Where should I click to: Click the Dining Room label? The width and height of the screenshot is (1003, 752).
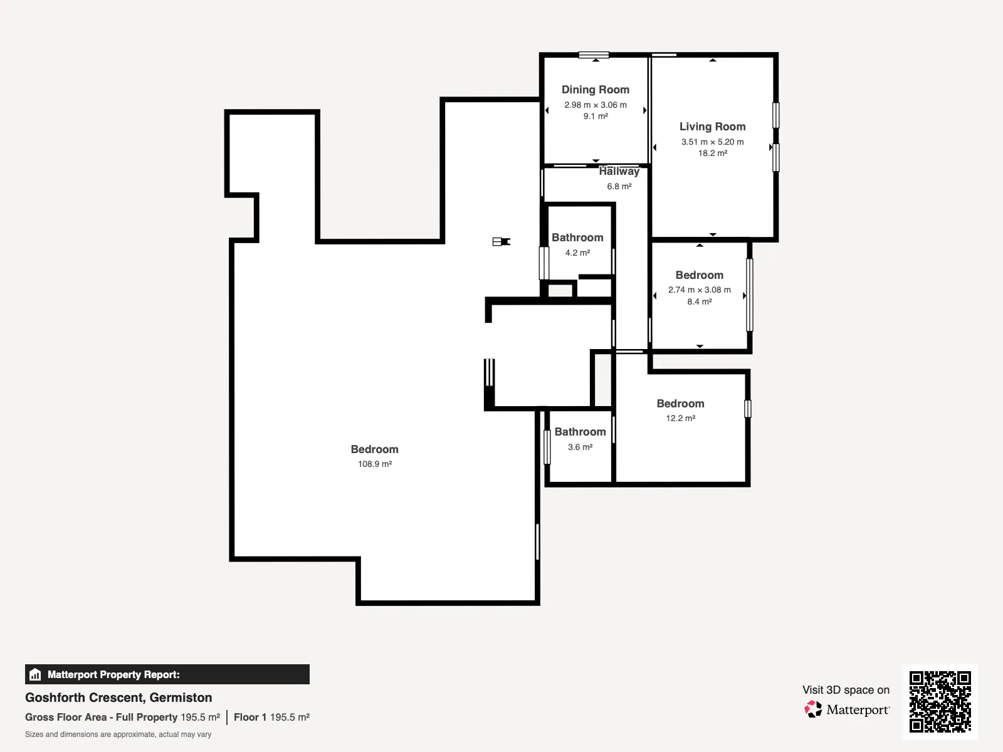click(x=596, y=90)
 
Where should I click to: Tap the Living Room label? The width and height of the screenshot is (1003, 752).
click(x=712, y=127)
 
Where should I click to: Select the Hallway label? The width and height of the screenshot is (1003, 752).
click(x=619, y=171)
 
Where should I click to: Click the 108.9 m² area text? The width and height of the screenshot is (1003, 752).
click(x=375, y=464)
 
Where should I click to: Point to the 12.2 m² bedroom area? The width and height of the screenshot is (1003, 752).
click(x=680, y=418)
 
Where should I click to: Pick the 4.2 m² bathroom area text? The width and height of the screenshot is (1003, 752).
click(x=577, y=253)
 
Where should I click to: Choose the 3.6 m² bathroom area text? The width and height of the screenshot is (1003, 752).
click(x=580, y=447)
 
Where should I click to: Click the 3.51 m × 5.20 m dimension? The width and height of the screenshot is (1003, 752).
click(x=712, y=142)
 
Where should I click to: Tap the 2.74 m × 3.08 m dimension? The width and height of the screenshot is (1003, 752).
click(x=700, y=290)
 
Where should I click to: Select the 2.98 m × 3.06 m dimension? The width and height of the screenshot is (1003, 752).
click(x=596, y=105)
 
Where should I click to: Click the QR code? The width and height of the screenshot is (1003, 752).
click(x=940, y=701)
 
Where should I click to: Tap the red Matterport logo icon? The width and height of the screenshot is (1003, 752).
click(x=813, y=709)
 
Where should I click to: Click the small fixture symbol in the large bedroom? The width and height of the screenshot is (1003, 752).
click(x=501, y=241)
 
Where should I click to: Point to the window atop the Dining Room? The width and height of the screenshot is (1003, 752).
click(x=594, y=55)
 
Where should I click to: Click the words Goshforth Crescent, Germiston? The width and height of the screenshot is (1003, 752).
click(x=118, y=697)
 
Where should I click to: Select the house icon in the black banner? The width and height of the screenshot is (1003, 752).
click(x=35, y=674)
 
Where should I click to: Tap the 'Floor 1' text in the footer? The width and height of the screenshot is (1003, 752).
click(x=250, y=718)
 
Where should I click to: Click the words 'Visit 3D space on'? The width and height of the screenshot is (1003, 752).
click(x=846, y=690)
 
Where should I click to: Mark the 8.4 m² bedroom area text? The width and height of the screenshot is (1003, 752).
click(x=700, y=301)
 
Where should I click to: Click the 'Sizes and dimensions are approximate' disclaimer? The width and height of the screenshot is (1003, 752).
click(x=118, y=734)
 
